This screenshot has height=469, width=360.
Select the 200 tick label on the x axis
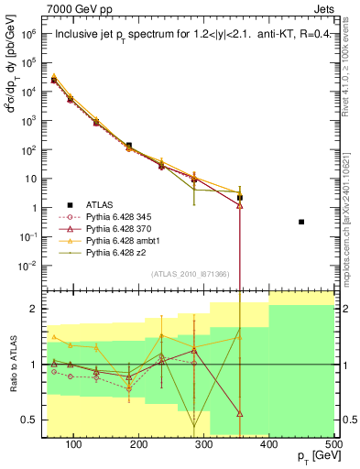coord(138,444)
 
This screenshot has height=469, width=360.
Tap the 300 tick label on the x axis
coord(203,444)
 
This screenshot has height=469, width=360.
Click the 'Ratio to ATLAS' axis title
coord(12,365)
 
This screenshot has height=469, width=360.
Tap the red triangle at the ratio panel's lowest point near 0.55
coord(240,414)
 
